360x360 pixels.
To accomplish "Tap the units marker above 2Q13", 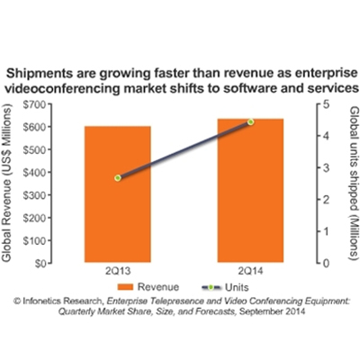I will click(118, 178).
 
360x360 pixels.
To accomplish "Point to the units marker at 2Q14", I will click(250, 121).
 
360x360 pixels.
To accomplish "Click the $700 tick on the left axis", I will click(37, 104).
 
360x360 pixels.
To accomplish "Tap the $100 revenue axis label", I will click(37, 240).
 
